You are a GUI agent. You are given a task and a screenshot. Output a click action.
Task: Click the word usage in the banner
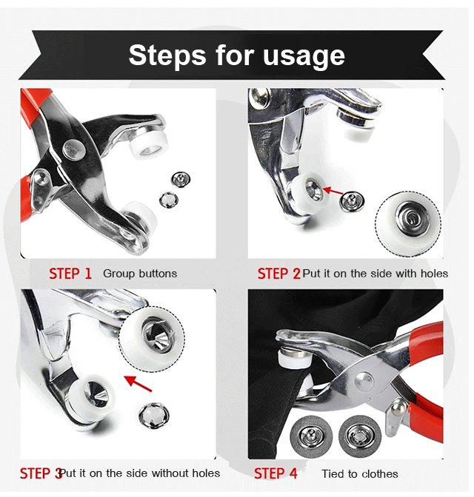click(304, 56)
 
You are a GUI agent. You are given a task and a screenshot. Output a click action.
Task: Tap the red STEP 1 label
click(70, 274)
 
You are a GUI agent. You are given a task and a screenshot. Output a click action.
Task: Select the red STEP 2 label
click(278, 274)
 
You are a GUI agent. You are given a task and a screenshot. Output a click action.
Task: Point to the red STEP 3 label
click(41, 473)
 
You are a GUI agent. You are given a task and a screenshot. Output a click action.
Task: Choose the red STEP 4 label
click(276, 473)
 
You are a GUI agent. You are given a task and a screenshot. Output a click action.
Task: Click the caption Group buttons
click(140, 274)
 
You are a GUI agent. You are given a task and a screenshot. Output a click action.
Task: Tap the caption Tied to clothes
click(360, 474)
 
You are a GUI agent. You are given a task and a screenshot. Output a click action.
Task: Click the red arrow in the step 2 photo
click(333, 191)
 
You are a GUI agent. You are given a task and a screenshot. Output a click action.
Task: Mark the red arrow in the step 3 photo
click(138, 383)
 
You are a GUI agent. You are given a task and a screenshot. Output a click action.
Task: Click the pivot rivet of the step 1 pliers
click(73, 149)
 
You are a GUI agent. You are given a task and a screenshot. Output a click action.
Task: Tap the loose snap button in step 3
click(154, 416)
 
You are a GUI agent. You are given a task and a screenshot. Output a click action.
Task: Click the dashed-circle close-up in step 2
click(408, 223)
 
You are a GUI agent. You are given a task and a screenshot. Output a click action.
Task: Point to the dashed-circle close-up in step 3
click(152, 339)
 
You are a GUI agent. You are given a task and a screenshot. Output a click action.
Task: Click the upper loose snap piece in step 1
click(181, 180)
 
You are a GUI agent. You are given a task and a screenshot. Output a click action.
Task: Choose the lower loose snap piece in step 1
click(169, 200)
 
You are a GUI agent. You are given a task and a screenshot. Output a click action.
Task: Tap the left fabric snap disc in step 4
click(311, 437)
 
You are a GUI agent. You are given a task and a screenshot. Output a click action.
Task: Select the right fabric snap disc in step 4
click(360, 437)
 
